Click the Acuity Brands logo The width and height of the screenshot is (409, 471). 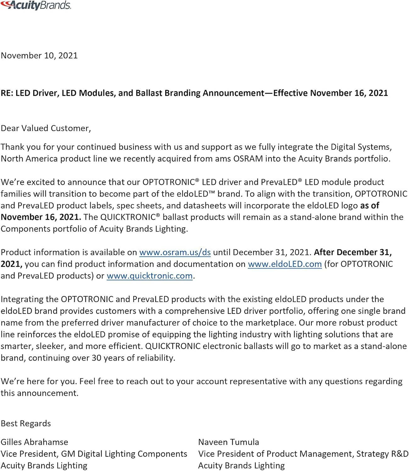(x=36, y=5)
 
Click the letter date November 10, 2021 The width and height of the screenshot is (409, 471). (x=39, y=56)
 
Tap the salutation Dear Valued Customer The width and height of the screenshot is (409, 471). (x=46, y=128)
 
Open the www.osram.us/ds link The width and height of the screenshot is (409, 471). (x=175, y=252)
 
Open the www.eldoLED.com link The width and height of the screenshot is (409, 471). (x=285, y=264)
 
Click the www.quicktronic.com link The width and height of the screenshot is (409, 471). (x=149, y=276)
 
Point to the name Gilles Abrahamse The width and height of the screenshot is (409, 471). (x=34, y=442)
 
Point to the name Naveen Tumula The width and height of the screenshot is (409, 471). (x=228, y=442)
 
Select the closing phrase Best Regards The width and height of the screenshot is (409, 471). (x=26, y=424)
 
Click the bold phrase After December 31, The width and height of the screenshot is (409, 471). (x=353, y=252)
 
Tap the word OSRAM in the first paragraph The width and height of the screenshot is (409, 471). (x=248, y=159)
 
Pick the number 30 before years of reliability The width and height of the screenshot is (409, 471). (x=96, y=358)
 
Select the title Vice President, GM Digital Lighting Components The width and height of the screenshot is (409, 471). (x=94, y=454)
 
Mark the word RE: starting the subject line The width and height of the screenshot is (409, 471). (x=7, y=93)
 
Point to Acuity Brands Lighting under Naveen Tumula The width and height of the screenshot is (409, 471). (x=241, y=466)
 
